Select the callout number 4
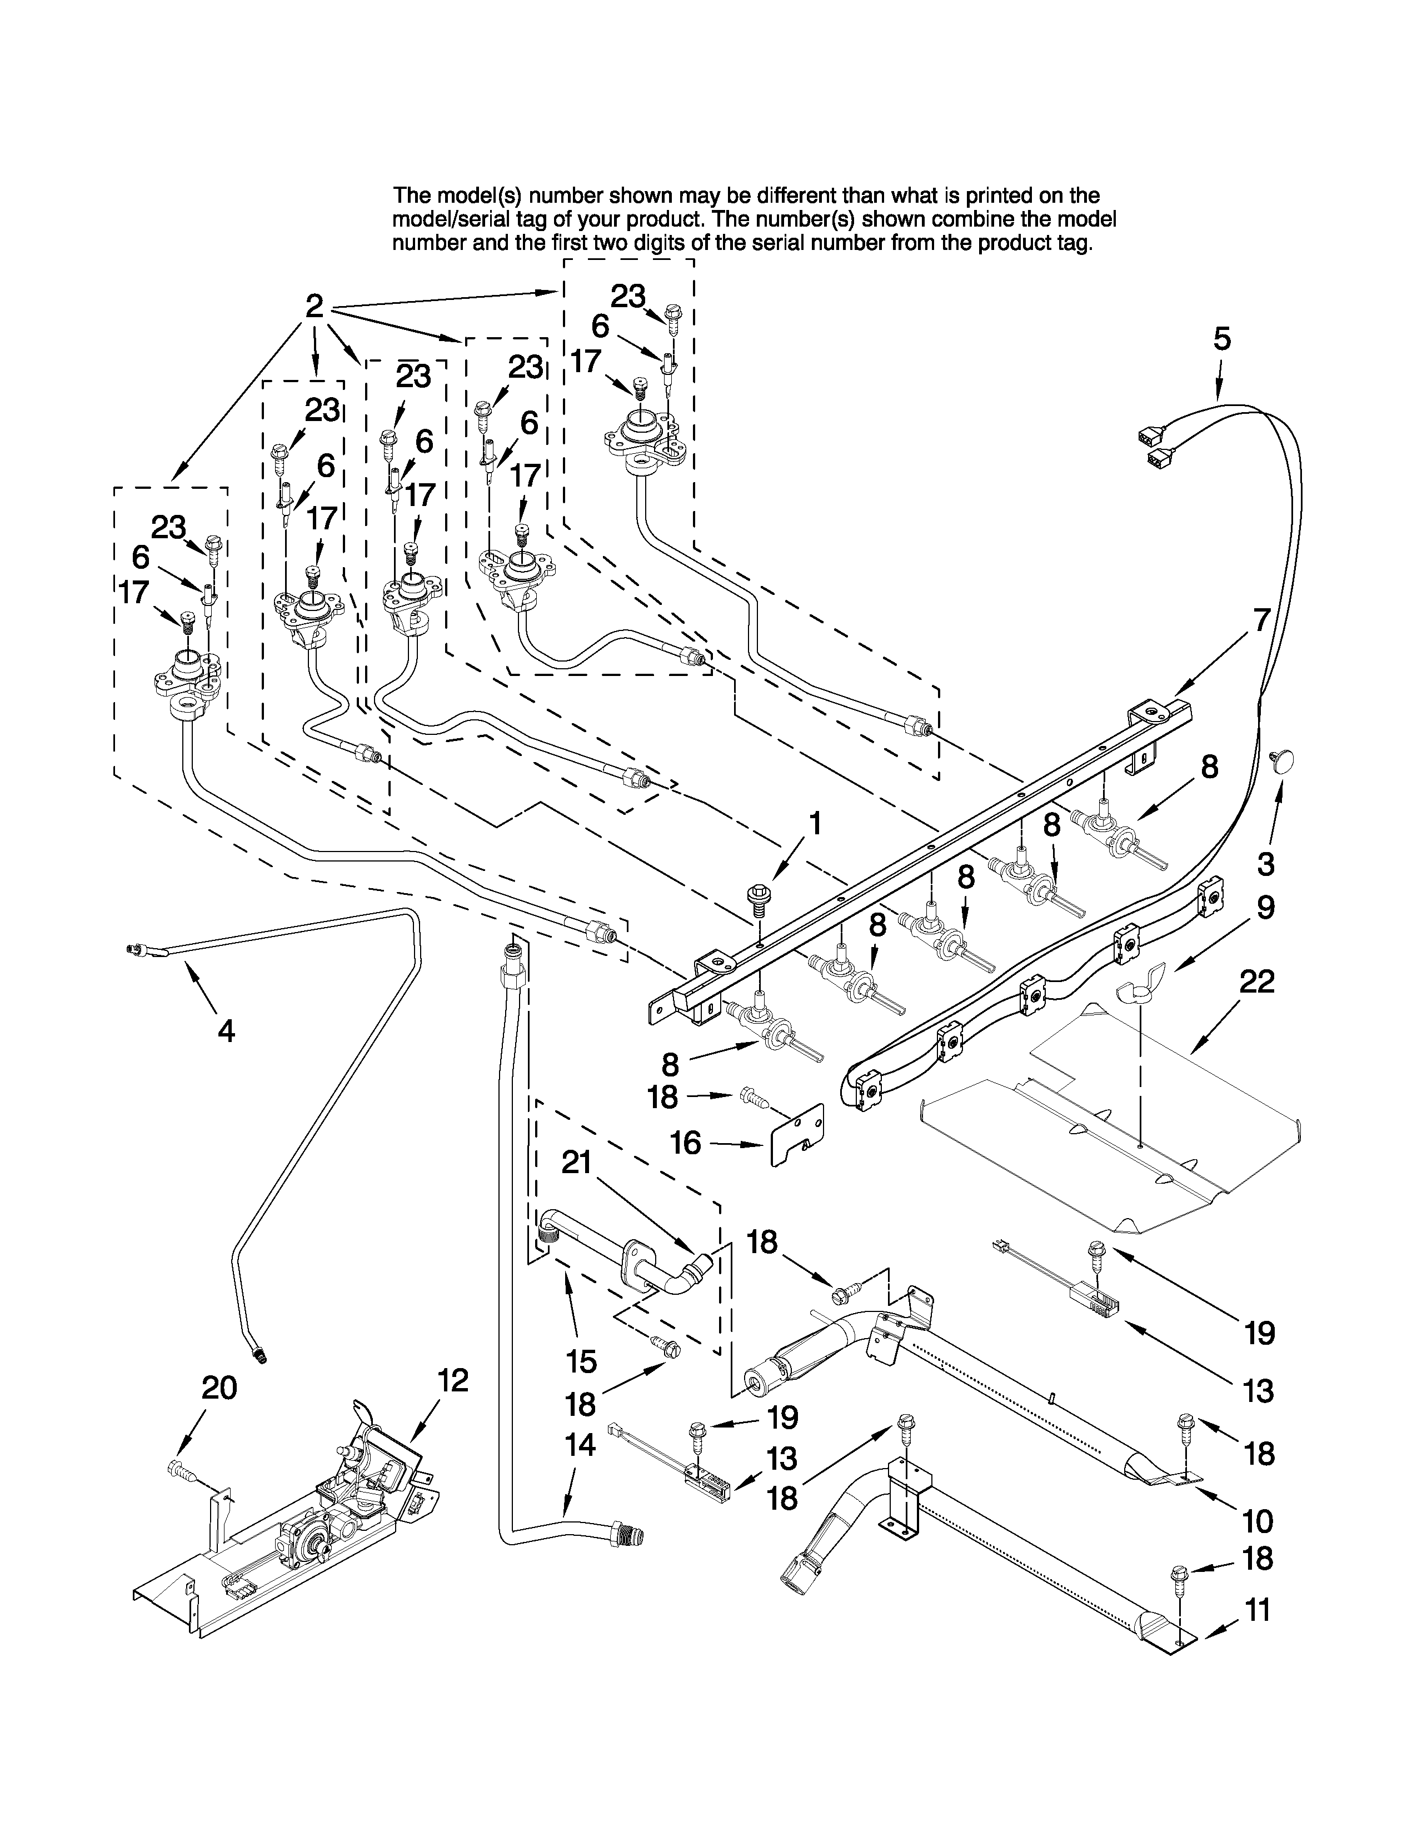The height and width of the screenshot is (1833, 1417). point(226,1030)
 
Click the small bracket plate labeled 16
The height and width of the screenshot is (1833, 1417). point(797,1133)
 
